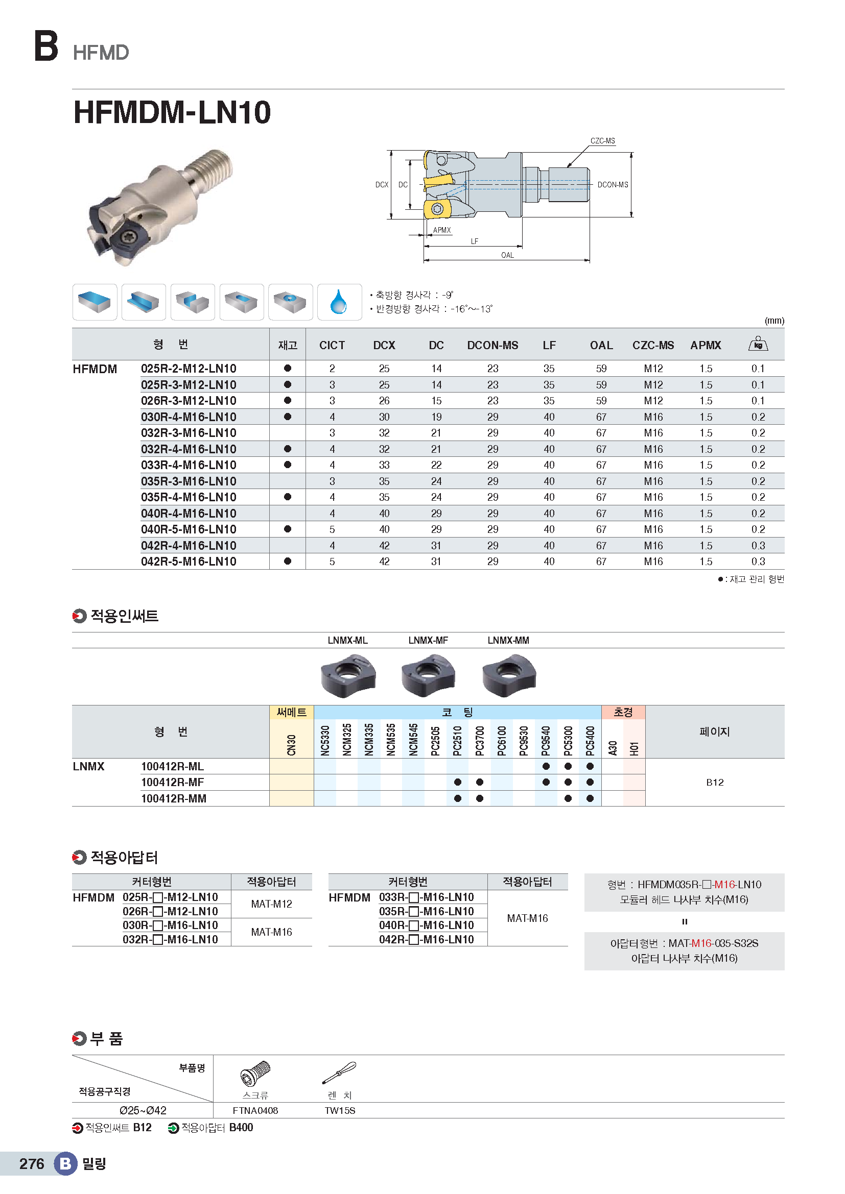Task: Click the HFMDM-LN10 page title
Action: [x=172, y=112]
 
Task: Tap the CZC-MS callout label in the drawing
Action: [x=602, y=141]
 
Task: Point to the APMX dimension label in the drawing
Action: [x=442, y=230]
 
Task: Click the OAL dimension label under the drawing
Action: [x=507, y=255]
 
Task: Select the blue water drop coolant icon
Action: [x=339, y=302]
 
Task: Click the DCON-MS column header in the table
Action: [x=492, y=345]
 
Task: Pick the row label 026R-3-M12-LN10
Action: [x=189, y=401]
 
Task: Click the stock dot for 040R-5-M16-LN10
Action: [x=288, y=529]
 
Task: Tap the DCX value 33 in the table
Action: [x=384, y=465]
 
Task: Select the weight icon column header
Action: [x=758, y=344]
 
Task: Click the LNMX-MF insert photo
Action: [x=428, y=675]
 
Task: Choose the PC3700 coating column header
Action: [x=480, y=741]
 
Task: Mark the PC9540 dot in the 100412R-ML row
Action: [x=546, y=766]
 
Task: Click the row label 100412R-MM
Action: [x=174, y=798]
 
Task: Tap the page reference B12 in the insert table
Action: [x=714, y=782]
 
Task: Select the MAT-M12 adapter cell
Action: [x=271, y=904]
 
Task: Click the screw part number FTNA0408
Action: [x=255, y=1110]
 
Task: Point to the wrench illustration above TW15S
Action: [x=339, y=1073]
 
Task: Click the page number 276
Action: [x=32, y=1164]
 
